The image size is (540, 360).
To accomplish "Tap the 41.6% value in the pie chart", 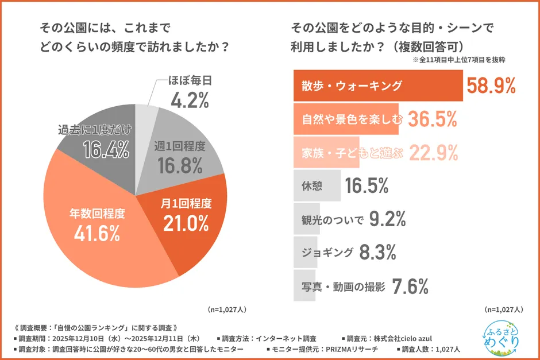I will click(x=97, y=233).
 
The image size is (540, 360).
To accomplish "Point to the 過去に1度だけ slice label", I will click(x=95, y=130).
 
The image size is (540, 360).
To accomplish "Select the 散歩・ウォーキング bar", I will click(x=377, y=86).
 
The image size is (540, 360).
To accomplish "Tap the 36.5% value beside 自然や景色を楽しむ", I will click(x=432, y=119).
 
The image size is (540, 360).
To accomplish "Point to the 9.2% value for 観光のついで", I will click(x=388, y=219).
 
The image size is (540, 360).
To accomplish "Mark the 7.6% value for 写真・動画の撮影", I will click(x=410, y=285).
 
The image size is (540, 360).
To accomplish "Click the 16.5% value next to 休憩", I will click(x=367, y=186).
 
